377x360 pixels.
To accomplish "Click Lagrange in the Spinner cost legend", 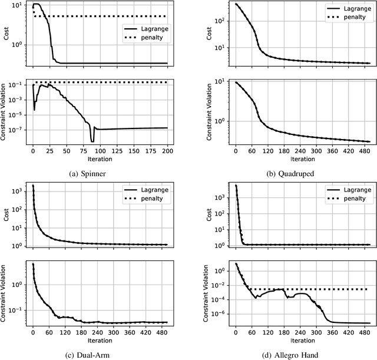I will click(150, 28).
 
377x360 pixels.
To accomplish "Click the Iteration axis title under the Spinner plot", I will click(100, 158).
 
